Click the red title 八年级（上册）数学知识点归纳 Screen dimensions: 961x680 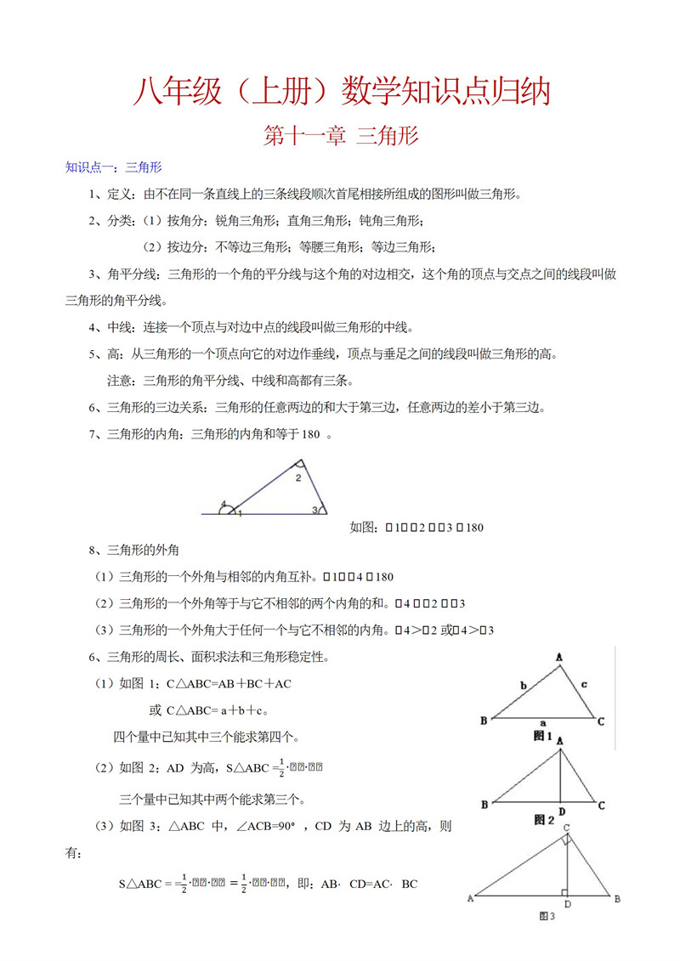click(341, 93)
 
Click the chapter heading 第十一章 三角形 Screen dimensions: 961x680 click(341, 136)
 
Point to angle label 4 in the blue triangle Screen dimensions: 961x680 click(223, 505)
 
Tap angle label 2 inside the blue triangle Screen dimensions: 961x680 click(297, 478)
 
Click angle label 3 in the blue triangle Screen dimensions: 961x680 click(314, 510)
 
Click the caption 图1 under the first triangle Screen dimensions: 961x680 click(542, 736)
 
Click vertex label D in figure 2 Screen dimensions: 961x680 click(561, 811)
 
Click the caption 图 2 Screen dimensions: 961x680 click(543, 820)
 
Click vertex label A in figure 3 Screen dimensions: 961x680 click(470, 897)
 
